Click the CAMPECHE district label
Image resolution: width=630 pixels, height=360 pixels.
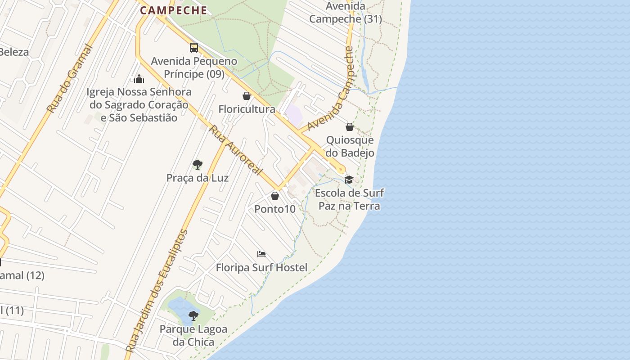point(173,10)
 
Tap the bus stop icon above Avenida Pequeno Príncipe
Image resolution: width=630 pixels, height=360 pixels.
point(194,48)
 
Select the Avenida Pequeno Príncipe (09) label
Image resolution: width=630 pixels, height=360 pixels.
point(188,67)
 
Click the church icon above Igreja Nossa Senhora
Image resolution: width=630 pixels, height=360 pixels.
point(139,79)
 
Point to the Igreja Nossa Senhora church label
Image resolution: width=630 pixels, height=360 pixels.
point(139,105)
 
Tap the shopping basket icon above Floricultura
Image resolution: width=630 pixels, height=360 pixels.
point(247,96)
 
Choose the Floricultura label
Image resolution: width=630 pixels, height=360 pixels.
point(247,109)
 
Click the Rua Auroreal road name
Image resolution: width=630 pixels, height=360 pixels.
point(235,150)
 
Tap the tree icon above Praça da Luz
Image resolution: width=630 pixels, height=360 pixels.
point(197,165)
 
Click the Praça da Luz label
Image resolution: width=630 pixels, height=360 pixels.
point(198,178)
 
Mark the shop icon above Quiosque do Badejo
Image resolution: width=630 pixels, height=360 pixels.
point(350,127)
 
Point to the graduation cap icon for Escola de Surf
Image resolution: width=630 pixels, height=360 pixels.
point(349,180)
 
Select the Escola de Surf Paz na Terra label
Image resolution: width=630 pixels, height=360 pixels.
point(350,199)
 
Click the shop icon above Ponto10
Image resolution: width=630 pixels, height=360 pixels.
point(275,196)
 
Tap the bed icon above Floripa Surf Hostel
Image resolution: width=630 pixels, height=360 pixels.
point(261,254)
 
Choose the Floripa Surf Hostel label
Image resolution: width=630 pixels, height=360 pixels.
point(261,268)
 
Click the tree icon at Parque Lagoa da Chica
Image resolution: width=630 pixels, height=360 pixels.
point(193,315)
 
